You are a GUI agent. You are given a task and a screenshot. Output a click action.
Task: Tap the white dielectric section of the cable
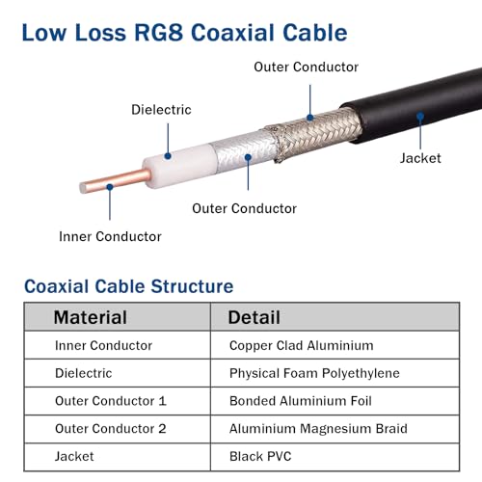[180, 165]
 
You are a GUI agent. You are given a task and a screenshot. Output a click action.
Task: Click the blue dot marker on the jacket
[420, 117]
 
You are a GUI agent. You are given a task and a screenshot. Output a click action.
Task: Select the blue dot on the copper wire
[110, 187]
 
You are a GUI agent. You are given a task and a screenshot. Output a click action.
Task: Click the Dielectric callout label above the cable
[161, 110]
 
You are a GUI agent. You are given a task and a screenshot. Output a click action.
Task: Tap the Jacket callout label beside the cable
[420, 158]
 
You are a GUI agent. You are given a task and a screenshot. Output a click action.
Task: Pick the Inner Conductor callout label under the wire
[110, 236]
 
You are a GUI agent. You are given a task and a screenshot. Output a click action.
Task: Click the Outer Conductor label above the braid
[306, 67]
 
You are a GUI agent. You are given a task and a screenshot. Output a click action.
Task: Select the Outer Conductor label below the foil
[244, 208]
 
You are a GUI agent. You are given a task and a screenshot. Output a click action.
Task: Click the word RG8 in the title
[159, 33]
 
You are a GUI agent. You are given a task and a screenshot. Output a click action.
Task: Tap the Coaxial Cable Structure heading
[129, 286]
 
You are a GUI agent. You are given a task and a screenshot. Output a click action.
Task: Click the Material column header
[91, 317]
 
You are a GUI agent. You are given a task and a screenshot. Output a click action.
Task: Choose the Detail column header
[254, 317]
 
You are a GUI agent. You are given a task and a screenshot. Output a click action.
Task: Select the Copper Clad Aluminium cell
[302, 346]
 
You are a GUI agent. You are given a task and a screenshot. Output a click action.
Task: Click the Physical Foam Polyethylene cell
[314, 373]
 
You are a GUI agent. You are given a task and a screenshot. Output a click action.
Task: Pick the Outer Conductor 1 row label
[111, 401]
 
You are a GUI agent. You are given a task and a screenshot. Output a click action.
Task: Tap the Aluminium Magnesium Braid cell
[318, 429]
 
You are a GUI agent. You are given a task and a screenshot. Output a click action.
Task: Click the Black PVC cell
[260, 456]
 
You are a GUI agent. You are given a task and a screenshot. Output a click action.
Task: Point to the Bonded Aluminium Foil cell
[301, 401]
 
